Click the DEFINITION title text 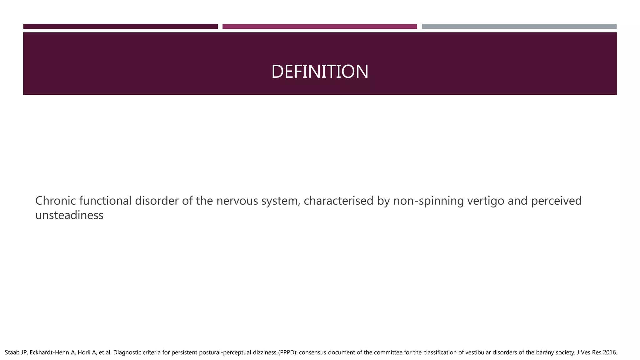[320, 72]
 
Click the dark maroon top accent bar [120, 27]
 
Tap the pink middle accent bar [319, 27]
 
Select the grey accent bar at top [519, 27]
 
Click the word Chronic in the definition [55, 201]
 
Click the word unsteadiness [69, 215]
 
